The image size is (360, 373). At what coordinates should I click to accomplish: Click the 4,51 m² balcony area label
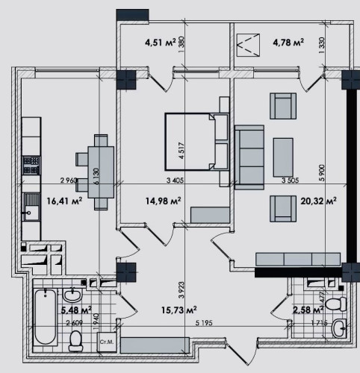(160, 43)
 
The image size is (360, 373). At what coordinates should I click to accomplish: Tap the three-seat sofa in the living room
(248, 154)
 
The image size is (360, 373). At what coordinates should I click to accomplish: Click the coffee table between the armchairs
(283, 154)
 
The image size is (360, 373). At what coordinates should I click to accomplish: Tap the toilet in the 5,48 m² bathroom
(75, 340)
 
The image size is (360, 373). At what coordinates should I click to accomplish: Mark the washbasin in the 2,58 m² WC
(341, 326)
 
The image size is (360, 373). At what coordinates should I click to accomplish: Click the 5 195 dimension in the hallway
(203, 323)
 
